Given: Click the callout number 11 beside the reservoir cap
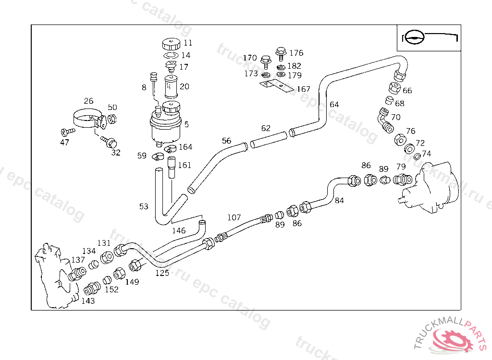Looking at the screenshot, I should click(187, 43).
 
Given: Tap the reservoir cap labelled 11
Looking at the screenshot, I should click(171, 45).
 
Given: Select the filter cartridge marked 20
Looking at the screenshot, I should click(171, 86).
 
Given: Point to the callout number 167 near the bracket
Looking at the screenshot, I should click(303, 89).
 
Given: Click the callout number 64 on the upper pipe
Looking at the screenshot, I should click(334, 105).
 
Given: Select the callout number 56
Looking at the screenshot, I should click(226, 141).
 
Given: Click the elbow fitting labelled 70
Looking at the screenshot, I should click(384, 120).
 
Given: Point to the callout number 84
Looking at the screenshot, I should click(339, 201).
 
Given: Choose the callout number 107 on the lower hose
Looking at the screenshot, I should click(234, 217).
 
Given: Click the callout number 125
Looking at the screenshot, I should click(162, 273).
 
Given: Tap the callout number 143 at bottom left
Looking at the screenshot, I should click(87, 301).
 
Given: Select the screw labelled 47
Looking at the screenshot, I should click(68, 131).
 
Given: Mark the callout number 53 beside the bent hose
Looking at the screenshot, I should click(144, 206).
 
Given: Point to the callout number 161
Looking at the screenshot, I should click(184, 165).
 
